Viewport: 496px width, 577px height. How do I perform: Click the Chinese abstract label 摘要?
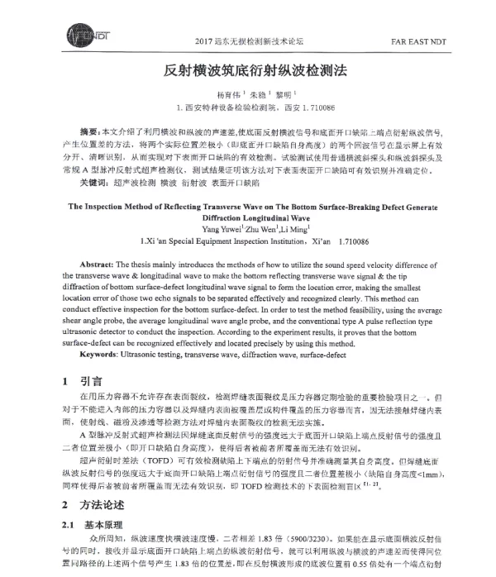(88, 132)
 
